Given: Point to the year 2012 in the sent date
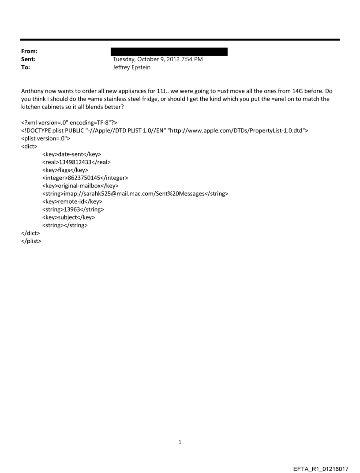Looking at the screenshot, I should click(171, 60).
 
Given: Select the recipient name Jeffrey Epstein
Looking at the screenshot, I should click(132, 67).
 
